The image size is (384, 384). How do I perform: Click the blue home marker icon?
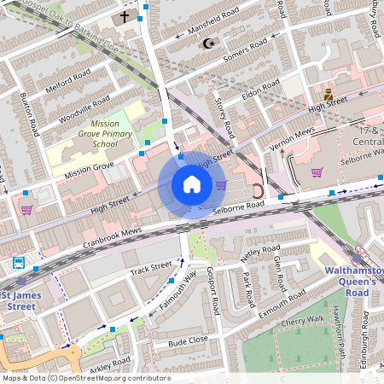[x=192, y=184]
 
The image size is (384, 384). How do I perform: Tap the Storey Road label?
[x=226, y=118]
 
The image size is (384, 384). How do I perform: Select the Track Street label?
[x=151, y=270]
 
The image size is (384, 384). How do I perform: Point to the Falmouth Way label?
[x=176, y=292]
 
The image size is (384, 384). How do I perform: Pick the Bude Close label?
[x=188, y=341]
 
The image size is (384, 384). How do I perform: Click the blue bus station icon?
[x=19, y=263]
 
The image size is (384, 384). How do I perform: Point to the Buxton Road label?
[x=31, y=114]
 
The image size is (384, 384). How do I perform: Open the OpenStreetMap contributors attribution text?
[x=85, y=378]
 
